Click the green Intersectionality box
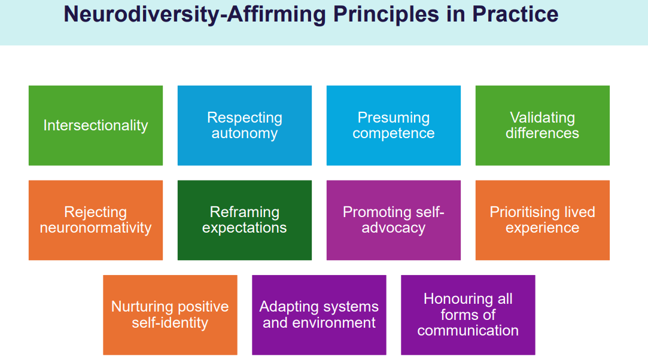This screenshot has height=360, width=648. (96, 126)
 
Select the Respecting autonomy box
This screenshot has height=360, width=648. (245, 126)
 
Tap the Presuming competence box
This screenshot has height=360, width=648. (394, 126)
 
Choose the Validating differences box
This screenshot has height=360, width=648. (543, 126)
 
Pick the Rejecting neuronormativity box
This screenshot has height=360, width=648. (96, 220)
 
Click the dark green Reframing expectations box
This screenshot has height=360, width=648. (245, 220)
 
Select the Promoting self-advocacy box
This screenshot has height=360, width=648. (394, 220)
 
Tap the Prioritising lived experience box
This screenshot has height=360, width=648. (543, 220)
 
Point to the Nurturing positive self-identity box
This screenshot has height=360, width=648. (171, 315)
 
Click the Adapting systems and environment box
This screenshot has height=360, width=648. (319, 315)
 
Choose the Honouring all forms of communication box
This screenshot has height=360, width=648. (468, 315)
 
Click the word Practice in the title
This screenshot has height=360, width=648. (515, 14)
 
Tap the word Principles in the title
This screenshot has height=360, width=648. (386, 15)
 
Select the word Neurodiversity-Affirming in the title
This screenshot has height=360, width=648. (194, 15)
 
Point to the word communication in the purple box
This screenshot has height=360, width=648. (468, 330)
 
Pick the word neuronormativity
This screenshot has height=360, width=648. (96, 228)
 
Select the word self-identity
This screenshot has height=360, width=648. (170, 323)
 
